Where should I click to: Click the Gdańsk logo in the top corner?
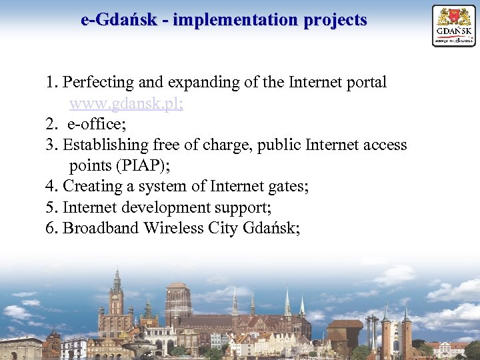454,25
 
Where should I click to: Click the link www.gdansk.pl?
126,104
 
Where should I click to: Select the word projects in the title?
335,20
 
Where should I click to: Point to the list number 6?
51,228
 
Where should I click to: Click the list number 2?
51,125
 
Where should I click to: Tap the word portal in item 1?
365,83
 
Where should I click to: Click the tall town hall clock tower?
117,300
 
